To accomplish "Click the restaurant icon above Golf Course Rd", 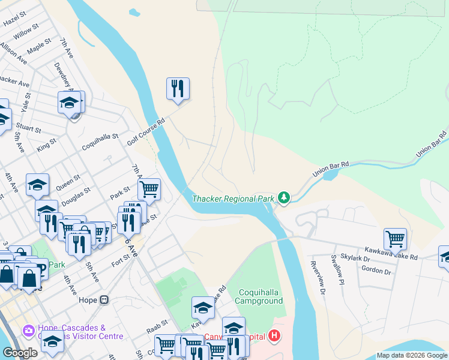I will coord(178,88).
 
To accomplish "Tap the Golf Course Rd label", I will coord(146,131).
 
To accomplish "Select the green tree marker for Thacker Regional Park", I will coord(283,197).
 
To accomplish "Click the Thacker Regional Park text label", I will coord(234,199).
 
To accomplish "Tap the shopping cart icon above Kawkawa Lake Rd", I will coord(395,238).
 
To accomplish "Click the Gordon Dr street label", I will coord(376,271).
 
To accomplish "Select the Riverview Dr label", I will coord(317,278).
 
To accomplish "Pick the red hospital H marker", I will coord(274,335).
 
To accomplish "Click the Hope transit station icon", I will coord(104,299).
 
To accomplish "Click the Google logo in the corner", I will coord(20,353).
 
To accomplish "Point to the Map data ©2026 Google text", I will coord(411,355).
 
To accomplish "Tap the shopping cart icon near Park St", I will coord(149,189).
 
